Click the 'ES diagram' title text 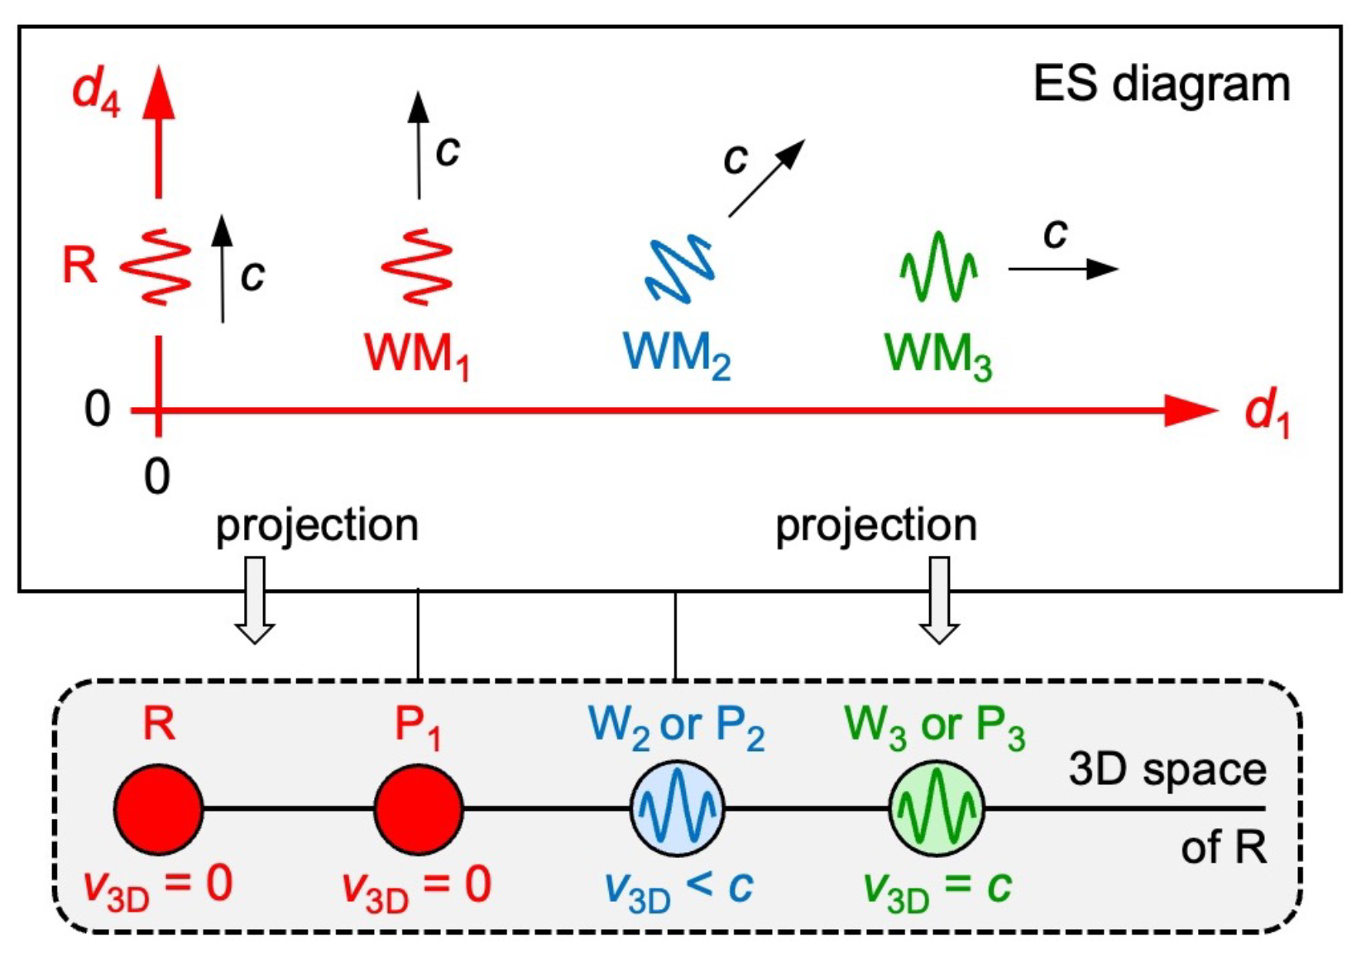(1161, 84)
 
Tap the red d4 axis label (96, 91)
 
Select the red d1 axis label (1267, 414)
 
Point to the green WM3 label (937, 356)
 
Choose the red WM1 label (417, 356)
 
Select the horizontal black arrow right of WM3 (1062, 269)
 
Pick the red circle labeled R (158, 809)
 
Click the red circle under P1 (418, 809)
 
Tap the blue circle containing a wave (677, 809)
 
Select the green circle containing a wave (937, 809)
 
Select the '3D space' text (1167, 769)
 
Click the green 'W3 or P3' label (935, 726)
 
